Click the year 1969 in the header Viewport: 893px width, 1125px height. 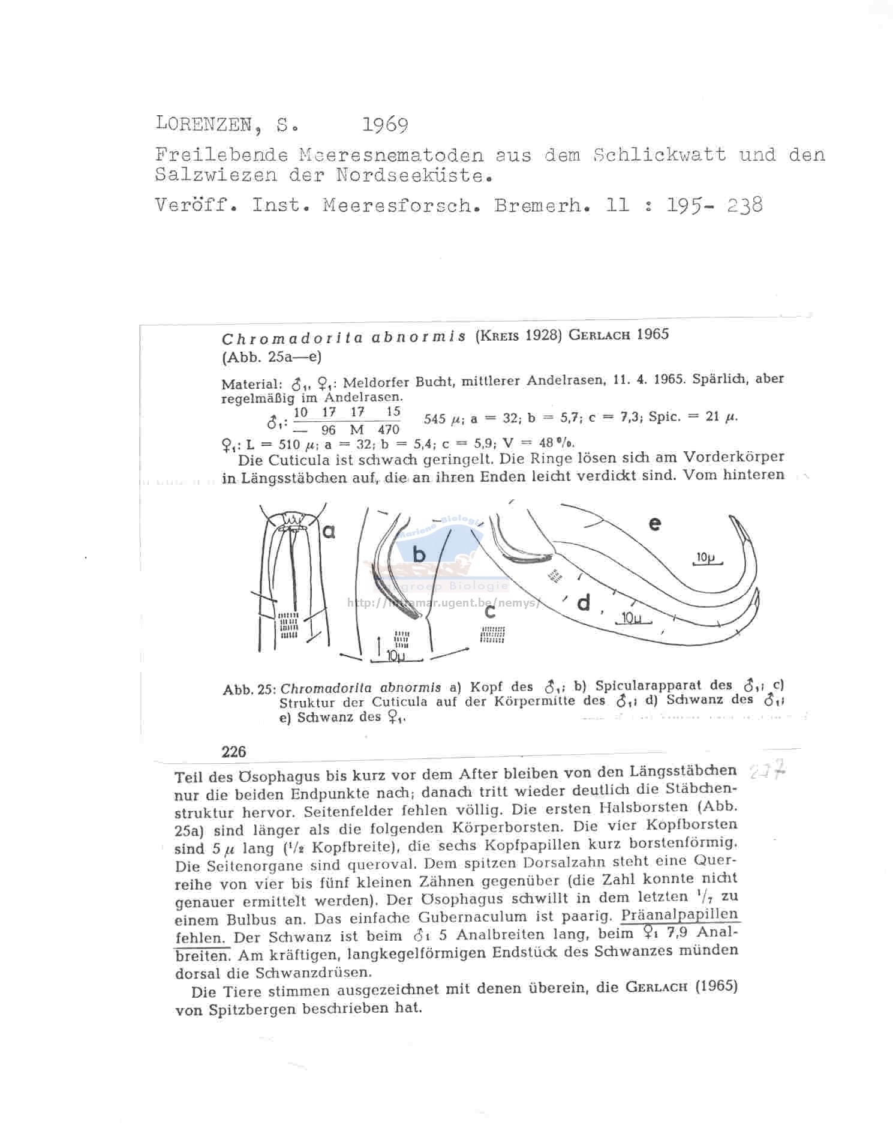point(385,125)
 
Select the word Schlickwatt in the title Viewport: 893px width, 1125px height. point(659,155)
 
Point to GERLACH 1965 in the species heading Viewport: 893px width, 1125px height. point(618,335)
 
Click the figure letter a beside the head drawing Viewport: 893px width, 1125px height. point(329,531)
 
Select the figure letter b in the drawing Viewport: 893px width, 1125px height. point(419,554)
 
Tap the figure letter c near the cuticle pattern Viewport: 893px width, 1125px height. point(491,612)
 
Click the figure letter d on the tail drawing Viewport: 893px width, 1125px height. point(583,603)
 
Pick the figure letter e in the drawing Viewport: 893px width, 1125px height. point(655,524)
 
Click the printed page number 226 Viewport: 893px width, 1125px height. point(234,751)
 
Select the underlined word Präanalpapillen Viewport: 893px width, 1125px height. point(679,915)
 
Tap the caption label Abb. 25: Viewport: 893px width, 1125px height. point(248,689)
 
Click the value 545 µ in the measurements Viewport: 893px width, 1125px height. point(438,419)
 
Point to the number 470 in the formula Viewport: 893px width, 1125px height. point(389,430)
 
